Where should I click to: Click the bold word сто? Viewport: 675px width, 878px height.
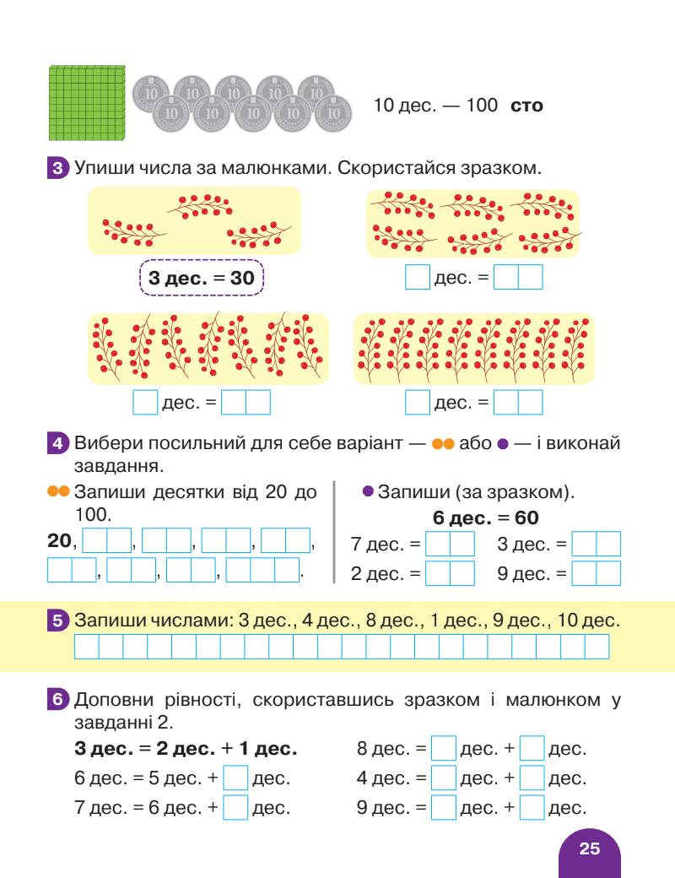(527, 107)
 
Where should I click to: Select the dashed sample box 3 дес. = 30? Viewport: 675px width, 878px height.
(200, 278)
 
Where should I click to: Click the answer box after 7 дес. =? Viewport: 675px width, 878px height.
(450, 543)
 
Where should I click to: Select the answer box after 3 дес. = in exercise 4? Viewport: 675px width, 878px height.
(596, 543)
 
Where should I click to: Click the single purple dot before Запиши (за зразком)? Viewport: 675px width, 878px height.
(367, 491)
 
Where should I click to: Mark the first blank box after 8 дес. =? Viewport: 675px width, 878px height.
(443, 749)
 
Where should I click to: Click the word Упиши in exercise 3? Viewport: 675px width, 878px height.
(97, 168)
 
